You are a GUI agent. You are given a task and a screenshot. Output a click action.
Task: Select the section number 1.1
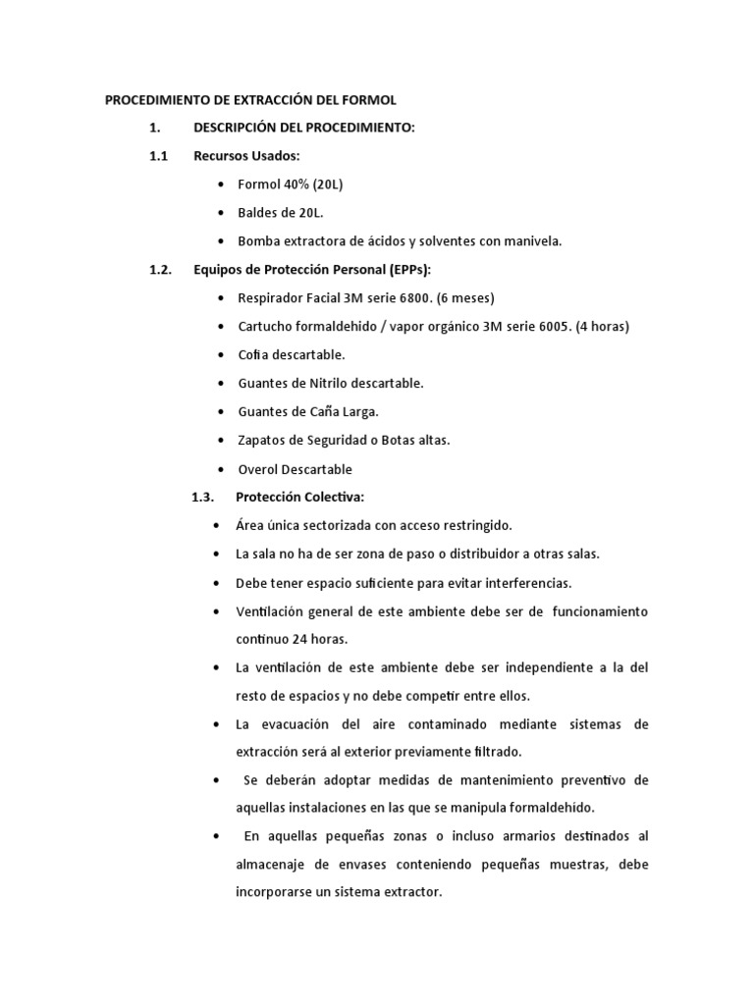(159, 156)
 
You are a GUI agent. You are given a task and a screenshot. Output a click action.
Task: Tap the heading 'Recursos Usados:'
(246, 156)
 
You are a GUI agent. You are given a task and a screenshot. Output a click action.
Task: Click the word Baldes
(258, 213)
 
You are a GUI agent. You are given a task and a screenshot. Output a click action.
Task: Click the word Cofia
(254, 355)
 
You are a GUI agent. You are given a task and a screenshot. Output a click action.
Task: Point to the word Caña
(318, 412)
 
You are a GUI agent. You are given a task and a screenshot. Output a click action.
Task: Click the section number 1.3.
(203, 498)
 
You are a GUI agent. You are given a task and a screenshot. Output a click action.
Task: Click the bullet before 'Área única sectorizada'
(215, 526)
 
